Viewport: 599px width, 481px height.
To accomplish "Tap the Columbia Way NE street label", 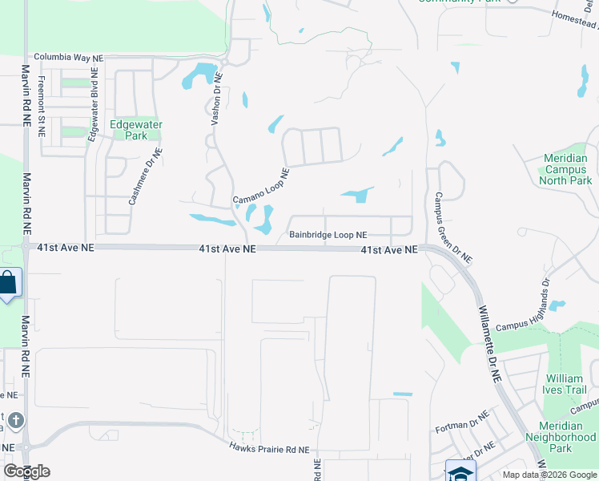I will [68, 59].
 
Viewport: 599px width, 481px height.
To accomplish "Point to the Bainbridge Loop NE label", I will [328, 235].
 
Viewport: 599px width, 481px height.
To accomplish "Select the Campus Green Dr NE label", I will [453, 228].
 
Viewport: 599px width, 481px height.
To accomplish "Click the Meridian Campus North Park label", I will [555, 169].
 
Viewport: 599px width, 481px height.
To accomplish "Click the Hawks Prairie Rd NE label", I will [268, 450].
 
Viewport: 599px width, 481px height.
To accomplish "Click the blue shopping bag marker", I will [8, 284].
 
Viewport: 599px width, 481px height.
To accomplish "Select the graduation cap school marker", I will [460, 471].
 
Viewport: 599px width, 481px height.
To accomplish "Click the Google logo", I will [26, 471].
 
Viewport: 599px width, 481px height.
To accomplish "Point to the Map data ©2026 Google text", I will [549, 475].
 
